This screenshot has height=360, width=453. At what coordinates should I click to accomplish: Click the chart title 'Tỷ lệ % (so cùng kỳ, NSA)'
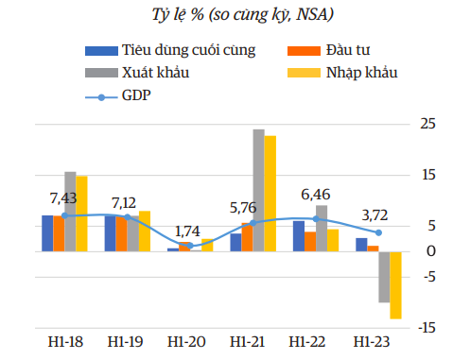(228, 14)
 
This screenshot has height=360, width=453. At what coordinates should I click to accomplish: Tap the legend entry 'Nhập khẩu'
(358, 73)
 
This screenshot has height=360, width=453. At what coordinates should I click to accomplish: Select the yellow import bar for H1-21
(270, 194)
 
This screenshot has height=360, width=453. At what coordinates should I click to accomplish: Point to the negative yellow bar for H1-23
(395, 284)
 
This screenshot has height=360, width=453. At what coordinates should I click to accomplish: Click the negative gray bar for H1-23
(384, 276)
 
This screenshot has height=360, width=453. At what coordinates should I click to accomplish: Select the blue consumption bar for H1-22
(299, 235)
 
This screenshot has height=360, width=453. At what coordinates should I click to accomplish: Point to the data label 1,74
(189, 231)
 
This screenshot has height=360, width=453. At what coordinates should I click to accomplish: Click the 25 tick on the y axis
(427, 124)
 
